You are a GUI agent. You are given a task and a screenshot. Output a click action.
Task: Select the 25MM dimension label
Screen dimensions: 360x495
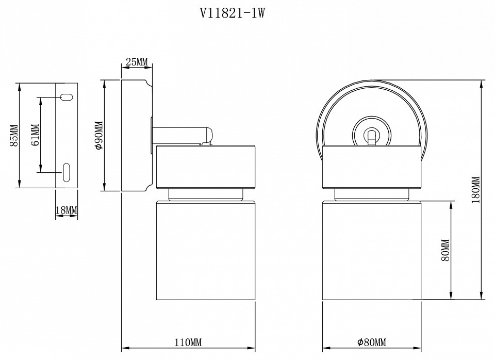click(x=136, y=62)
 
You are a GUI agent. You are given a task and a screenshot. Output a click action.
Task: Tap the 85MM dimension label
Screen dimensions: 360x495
click(x=14, y=135)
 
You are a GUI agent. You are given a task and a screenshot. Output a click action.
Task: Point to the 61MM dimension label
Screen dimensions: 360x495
click(x=35, y=135)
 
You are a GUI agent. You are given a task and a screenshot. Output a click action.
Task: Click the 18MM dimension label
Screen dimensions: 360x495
click(x=65, y=210)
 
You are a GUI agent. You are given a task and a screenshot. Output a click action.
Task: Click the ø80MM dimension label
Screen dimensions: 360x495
click(x=371, y=342)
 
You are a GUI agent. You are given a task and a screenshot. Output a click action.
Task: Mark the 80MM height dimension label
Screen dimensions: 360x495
click(x=447, y=250)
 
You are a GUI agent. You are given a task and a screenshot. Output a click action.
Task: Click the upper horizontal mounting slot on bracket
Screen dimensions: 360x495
click(x=67, y=96)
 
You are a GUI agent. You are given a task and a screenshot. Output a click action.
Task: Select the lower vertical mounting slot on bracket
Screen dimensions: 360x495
click(x=67, y=171)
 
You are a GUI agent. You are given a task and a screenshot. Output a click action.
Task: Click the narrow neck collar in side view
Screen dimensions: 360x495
click(x=206, y=194)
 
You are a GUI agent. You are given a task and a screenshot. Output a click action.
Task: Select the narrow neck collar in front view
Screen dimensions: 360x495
click(x=371, y=194)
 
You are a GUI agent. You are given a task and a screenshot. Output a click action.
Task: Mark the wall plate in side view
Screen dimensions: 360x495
click(x=135, y=135)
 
